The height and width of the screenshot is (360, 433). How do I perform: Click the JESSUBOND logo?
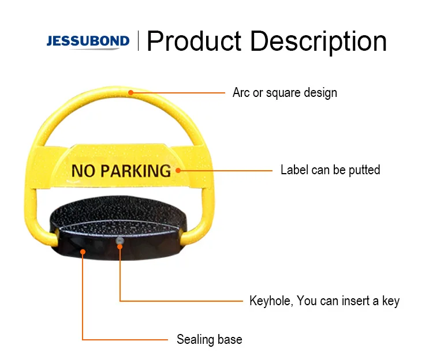[88, 42]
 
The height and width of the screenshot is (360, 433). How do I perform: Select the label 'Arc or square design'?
[285, 92]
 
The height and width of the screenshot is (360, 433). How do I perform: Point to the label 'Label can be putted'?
[330, 170]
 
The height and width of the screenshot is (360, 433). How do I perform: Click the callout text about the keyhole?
[324, 301]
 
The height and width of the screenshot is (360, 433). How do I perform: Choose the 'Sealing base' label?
[210, 339]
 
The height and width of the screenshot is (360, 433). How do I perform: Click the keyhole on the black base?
[120, 240]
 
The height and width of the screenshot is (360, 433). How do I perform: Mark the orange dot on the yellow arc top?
[131, 91]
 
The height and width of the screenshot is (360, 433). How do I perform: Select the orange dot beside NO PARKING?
[178, 170]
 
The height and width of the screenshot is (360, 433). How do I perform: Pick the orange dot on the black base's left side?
[83, 252]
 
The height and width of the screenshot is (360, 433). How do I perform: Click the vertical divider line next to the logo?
[138, 42]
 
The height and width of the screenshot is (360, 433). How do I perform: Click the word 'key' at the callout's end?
[390, 301]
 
